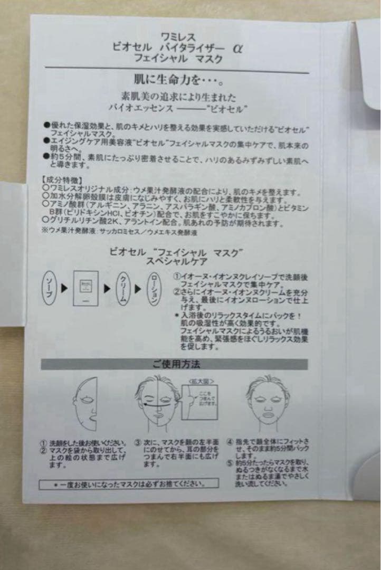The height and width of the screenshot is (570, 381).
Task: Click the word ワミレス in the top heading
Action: coord(179,37)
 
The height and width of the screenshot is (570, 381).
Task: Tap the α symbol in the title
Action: coord(237,47)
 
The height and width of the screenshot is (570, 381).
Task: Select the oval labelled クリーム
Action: coord(120,289)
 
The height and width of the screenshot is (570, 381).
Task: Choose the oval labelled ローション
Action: coord(153,288)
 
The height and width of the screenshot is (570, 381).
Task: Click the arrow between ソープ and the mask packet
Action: coord(63,289)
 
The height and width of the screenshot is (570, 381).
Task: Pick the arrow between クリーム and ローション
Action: coord(137,289)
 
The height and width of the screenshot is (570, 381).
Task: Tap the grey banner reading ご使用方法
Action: coord(174,364)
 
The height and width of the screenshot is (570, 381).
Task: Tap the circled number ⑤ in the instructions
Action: coord(230,464)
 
